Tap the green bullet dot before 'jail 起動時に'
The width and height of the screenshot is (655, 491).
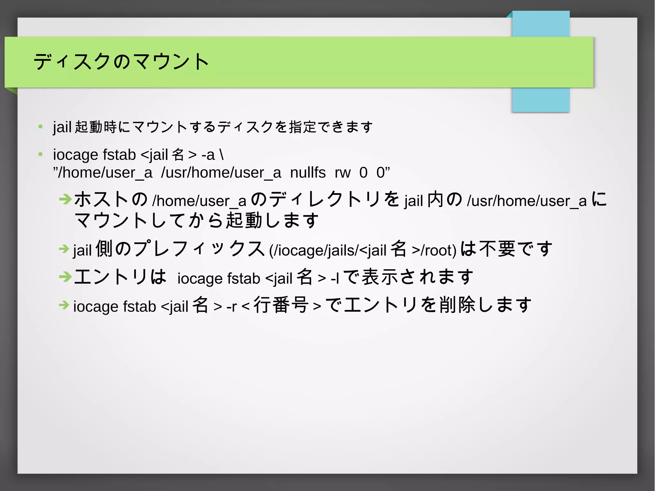click(41, 127)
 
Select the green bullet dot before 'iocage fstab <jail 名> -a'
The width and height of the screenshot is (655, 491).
click(41, 155)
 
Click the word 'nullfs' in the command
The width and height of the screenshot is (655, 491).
click(308, 173)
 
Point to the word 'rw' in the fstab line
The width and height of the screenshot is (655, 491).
click(343, 173)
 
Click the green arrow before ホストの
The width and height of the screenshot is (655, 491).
click(65, 199)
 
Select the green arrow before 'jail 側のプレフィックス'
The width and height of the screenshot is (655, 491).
click(64, 249)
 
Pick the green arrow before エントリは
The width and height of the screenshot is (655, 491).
click(65, 276)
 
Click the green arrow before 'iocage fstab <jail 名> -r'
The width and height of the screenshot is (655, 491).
click(64, 305)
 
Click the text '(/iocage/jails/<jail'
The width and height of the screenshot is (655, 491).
click(327, 250)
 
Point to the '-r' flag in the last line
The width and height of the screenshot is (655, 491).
click(231, 306)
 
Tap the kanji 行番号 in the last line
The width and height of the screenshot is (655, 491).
click(281, 305)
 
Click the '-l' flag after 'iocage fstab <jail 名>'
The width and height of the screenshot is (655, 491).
click(335, 278)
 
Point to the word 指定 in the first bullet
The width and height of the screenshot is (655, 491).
click(302, 127)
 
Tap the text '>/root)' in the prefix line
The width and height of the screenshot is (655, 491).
click(434, 250)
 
